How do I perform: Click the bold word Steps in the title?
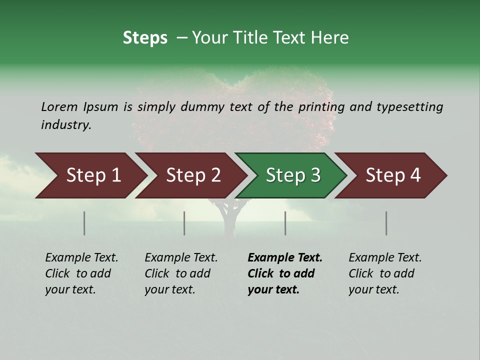tap(145, 38)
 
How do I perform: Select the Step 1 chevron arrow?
tap(93, 175)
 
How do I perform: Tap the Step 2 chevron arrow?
tap(193, 175)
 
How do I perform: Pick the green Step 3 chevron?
tap(293, 175)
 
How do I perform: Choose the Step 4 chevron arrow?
tap(393, 175)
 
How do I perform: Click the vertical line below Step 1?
tap(84, 223)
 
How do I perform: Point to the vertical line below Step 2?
tap(184, 223)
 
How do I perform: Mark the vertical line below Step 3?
tap(285, 223)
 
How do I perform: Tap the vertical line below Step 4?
tap(386, 223)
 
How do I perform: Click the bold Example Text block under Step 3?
tap(285, 273)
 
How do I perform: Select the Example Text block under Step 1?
tap(81, 273)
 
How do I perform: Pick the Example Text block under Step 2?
tap(181, 273)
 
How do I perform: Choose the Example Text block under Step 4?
tap(385, 273)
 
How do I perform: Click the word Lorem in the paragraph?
tap(59, 106)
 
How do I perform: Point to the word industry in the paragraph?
tap(66, 125)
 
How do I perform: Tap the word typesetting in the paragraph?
tap(409, 106)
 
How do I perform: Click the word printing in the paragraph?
tap(323, 106)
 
